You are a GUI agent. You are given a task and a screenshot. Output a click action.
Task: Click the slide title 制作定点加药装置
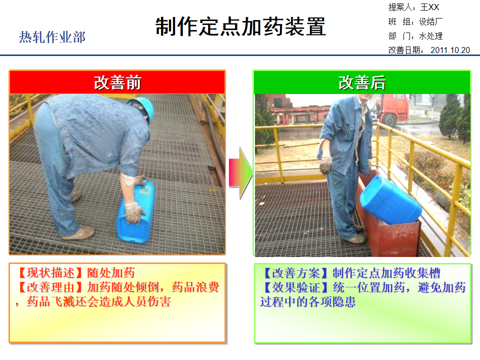click(x=240, y=27)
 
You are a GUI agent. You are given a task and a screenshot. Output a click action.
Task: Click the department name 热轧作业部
click(x=52, y=37)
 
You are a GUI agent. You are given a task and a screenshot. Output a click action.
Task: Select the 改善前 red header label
click(x=117, y=82)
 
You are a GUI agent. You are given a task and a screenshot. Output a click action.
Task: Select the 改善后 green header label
click(x=362, y=82)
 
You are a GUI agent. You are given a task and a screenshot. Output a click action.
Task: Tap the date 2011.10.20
click(x=450, y=50)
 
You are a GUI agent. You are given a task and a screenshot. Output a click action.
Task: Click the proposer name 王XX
click(x=429, y=7)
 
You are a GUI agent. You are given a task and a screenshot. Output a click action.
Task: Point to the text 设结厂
click(x=430, y=22)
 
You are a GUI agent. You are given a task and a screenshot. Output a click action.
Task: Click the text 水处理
click(x=430, y=36)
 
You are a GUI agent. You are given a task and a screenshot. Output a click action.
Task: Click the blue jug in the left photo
click(x=136, y=212)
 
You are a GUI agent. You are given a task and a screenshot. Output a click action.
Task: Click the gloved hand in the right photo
click(x=326, y=164)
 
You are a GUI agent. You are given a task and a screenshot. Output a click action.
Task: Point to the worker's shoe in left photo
click(x=79, y=233)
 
